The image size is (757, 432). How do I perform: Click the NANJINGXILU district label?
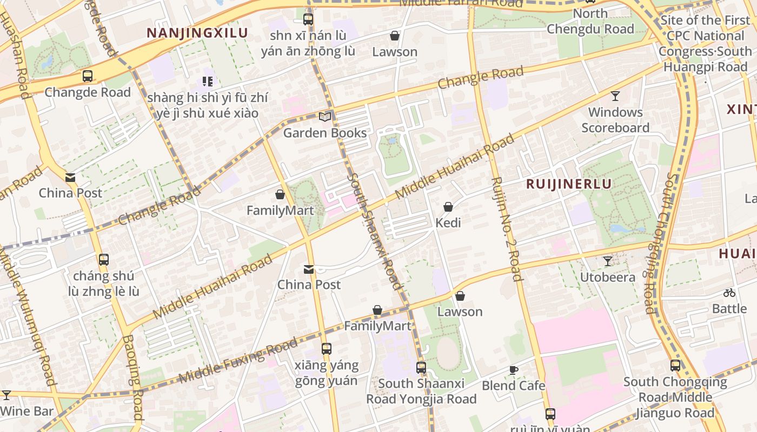coord(197,33)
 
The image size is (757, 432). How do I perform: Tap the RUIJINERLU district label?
coord(569,184)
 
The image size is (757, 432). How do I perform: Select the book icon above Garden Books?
coord(324,117)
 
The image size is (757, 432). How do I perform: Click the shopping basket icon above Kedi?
coord(448,207)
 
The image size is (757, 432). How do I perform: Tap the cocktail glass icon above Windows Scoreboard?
coord(615,96)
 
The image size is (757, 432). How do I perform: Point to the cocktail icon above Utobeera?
coord(608,261)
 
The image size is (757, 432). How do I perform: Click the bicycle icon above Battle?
coord(729,293)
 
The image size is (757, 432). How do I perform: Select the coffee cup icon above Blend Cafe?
coord(513,370)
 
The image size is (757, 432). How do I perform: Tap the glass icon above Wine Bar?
coord(6,395)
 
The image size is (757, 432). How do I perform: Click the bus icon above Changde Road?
coord(88,76)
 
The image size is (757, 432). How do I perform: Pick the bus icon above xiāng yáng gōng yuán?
coord(326,349)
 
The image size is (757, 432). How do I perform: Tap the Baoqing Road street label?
coord(133,378)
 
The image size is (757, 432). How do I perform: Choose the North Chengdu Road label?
coord(590,22)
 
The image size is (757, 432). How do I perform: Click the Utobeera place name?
coord(607,278)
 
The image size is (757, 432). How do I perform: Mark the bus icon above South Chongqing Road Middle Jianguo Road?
coord(675,366)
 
